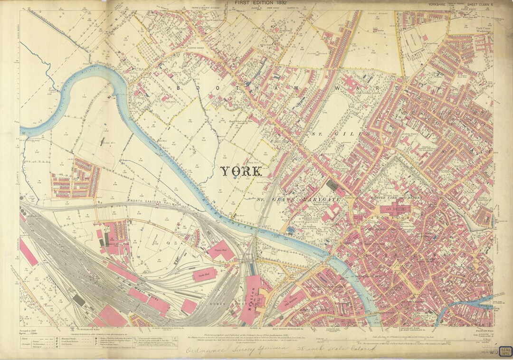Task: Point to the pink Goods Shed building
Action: click(204, 275)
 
